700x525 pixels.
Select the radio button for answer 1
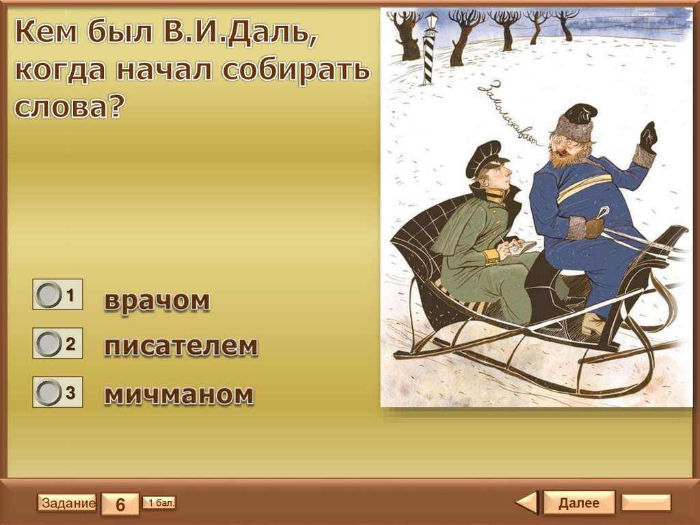tap(49, 295)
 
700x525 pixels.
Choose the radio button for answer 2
tap(49, 344)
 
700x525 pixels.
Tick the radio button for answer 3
tap(49, 392)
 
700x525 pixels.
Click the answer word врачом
tap(157, 301)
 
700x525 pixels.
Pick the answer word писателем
tap(181, 346)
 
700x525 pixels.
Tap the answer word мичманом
tap(179, 394)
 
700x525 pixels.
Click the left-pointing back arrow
tap(527, 502)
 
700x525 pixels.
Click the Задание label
tap(67, 502)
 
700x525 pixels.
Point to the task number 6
tap(120, 504)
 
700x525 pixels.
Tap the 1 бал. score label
tap(159, 502)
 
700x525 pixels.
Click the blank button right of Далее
tap(647, 502)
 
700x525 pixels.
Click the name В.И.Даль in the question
tap(240, 34)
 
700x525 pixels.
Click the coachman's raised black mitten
tap(648, 138)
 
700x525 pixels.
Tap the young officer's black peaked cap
tap(483, 157)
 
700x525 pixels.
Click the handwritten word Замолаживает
tap(510, 114)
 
